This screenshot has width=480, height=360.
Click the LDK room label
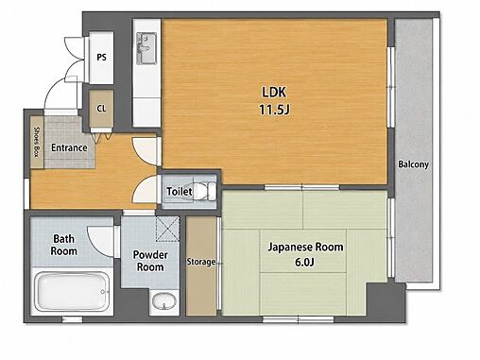(274, 93)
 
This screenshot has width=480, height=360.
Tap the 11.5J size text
(274, 110)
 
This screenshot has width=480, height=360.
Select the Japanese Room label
(305, 247)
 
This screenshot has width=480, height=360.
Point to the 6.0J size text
(304, 262)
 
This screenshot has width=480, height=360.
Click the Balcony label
(413, 164)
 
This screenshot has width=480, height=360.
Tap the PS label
(101, 58)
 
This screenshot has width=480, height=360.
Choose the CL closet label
(101, 109)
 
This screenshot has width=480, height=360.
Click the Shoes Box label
(37, 142)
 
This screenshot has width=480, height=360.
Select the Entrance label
(69, 147)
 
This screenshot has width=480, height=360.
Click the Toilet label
(180, 191)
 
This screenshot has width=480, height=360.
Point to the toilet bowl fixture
(203, 191)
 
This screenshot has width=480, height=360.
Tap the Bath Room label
(64, 245)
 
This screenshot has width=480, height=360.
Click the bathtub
(72, 291)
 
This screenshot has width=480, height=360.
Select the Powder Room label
(150, 261)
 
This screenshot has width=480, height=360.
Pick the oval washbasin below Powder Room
(164, 301)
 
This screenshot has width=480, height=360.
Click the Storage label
(201, 262)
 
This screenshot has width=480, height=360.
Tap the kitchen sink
(146, 48)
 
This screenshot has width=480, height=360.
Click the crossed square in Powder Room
(167, 229)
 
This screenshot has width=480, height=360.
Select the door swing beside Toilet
(145, 189)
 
